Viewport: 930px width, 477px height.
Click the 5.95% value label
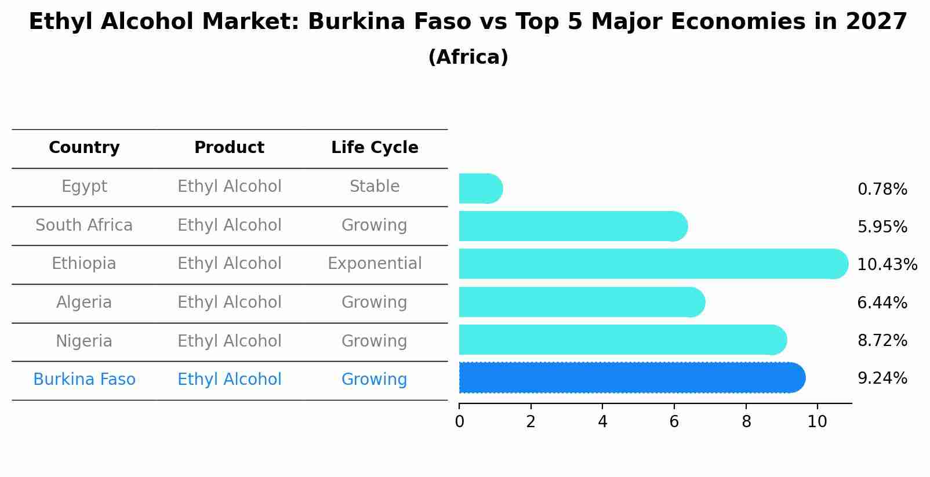tap(882, 227)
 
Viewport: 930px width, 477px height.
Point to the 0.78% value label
tap(882, 189)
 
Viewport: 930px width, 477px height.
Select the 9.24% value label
tap(882, 378)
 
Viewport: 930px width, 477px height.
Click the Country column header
tap(84, 148)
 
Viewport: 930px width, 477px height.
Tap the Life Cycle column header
tap(375, 148)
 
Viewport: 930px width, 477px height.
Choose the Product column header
tap(229, 148)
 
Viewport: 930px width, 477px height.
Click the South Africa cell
tap(84, 225)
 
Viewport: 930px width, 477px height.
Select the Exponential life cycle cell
tap(375, 264)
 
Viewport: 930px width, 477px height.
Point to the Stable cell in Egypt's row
tap(375, 187)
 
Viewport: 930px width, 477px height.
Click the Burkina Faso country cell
tap(84, 379)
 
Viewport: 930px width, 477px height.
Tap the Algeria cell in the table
tap(84, 302)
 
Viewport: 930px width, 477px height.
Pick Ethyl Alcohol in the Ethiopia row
tap(229, 264)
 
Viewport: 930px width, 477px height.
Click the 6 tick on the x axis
tap(674, 421)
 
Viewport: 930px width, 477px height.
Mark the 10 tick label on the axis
tap(817, 421)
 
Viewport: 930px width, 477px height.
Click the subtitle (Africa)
tap(468, 57)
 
